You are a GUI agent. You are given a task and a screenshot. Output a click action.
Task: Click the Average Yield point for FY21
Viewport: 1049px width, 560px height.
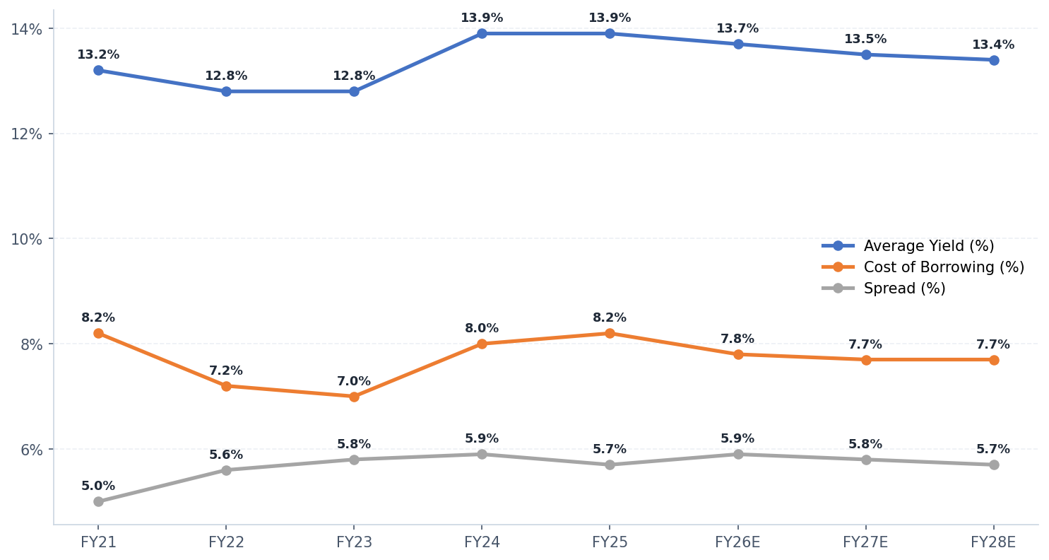98,70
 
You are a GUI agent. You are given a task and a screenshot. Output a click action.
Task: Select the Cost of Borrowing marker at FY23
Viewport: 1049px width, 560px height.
354,397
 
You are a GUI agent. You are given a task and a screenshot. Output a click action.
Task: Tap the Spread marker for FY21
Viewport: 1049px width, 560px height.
98,501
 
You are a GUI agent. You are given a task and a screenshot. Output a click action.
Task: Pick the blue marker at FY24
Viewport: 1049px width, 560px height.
482,33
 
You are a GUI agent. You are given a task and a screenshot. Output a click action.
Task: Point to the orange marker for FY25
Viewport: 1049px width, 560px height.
610,333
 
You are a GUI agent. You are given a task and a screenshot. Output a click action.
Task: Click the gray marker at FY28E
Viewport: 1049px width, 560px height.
993,465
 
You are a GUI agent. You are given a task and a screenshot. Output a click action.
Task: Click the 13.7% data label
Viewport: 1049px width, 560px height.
737,29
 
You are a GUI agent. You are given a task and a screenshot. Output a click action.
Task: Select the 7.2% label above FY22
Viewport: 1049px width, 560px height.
226,371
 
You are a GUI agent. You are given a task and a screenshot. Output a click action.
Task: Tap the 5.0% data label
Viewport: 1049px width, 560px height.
98,486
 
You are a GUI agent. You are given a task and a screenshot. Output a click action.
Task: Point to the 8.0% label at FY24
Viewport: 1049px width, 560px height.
482,329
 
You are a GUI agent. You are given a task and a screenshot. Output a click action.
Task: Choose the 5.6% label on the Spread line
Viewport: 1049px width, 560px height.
226,455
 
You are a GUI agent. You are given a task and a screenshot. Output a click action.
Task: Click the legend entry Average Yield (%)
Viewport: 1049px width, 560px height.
928,246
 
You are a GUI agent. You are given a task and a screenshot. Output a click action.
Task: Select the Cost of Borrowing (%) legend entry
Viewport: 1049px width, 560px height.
943,267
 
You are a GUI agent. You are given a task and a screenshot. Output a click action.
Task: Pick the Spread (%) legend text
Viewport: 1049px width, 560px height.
904,288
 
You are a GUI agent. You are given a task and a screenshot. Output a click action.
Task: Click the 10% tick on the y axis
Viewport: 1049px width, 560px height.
26,239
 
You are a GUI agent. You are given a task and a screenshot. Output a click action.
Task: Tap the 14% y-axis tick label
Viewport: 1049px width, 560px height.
26,29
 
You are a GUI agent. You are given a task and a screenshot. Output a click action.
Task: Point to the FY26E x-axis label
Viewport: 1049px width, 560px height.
737,542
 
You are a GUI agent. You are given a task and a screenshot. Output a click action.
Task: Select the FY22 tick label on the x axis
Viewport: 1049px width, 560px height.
226,542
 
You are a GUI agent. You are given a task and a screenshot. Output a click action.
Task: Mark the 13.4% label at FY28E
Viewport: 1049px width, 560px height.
993,45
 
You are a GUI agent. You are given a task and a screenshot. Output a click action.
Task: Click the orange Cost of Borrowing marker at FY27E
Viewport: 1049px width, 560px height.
865,360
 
